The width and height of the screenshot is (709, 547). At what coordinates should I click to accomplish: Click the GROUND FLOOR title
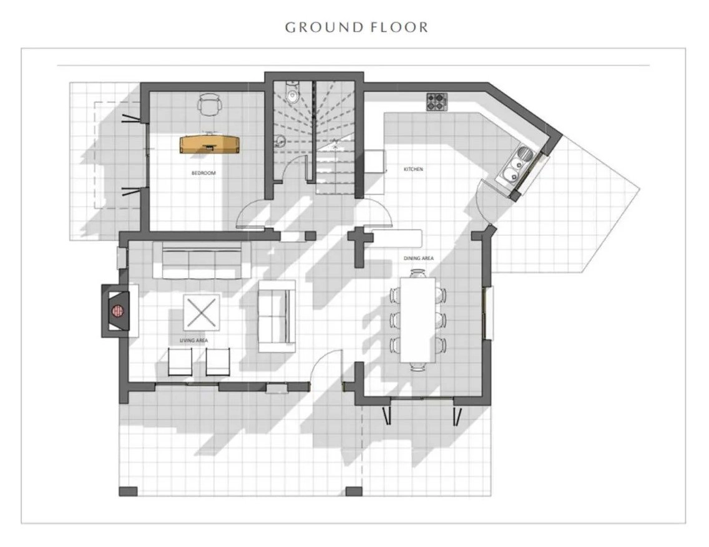[x=356, y=27]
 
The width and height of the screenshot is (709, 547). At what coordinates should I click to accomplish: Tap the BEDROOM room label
[x=203, y=173]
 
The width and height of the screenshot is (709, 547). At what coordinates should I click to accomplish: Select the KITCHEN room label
[x=413, y=170]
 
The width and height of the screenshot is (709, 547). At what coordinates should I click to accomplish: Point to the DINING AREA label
[x=419, y=258]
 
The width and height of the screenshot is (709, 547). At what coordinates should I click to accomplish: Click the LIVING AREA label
[x=194, y=341]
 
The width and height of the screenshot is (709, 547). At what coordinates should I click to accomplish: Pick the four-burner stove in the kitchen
[x=437, y=102]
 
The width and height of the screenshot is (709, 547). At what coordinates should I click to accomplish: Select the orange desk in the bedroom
[x=210, y=144]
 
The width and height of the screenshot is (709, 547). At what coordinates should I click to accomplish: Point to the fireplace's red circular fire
[x=117, y=311]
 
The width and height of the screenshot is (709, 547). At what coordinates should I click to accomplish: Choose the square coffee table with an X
[x=202, y=312]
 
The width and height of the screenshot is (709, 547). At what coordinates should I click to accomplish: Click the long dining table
[x=418, y=320]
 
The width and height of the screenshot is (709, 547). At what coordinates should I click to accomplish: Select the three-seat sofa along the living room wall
[x=202, y=260]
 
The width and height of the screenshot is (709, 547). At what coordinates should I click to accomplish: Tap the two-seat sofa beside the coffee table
[x=276, y=316]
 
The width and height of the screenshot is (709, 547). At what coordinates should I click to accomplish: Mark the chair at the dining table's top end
[x=418, y=273]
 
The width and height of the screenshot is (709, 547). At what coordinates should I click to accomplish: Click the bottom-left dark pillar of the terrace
[x=129, y=491]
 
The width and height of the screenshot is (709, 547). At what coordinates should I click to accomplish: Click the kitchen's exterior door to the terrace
[x=483, y=201]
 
